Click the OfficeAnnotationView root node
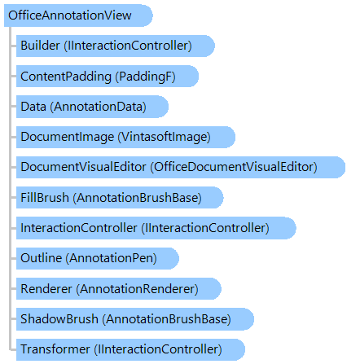78,15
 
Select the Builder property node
116,46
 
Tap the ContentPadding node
108,77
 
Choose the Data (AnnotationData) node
92,107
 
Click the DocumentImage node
125,137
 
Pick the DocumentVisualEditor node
181,167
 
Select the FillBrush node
120,198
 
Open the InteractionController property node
156,228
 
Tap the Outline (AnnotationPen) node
98,258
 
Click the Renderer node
119,289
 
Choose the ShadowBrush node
135,319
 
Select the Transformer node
130,349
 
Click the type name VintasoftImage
164,137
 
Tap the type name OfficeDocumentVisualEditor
234,167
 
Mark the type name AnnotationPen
112,258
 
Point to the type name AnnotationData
99,107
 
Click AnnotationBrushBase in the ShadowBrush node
166,319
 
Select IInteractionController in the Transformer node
158,349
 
